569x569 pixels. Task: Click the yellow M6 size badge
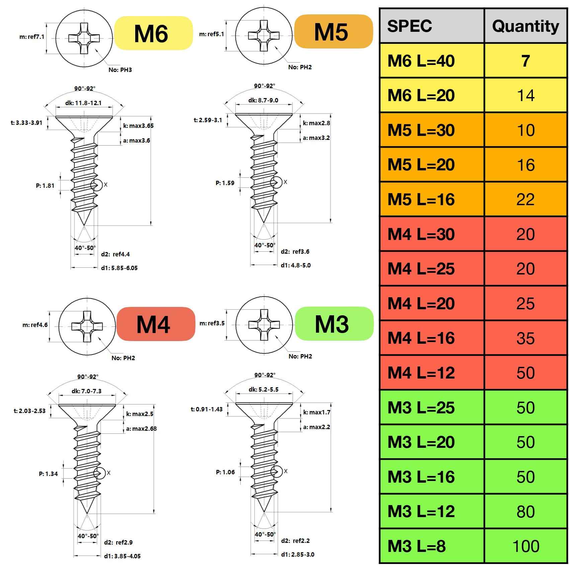pyautogui.click(x=153, y=33)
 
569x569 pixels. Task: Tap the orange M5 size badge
pyautogui.click(x=333, y=31)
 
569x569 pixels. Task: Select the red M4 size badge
pyautogui.click(x=156, y=324)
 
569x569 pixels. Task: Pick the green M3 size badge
pyautogui.click(x=334, y=323)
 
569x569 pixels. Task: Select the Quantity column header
pyautogui.click(x=525, y=26)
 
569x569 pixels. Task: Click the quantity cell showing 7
pyautogui.click(x=525, y=61)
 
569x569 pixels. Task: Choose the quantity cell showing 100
pyautogui.click(x=525, y=546)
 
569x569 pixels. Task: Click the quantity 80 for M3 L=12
pyautogui.click(x=525, y=511)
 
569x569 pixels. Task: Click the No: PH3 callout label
pyautogui.click(x=120, y=70)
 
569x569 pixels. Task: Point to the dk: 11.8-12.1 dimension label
pyautogui.click(x=83, y=103)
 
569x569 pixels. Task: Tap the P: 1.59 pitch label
pyautogui.click(x=225, y=183)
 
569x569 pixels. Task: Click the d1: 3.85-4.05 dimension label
pyautogui.click(x=122, y=556)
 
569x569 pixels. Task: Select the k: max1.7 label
pyautogui.click(x=317, y=412)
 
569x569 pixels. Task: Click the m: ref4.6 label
pyautogui.click(x=35, y=325)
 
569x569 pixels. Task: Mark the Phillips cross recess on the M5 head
pyautogui.click(x=264, y=35)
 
